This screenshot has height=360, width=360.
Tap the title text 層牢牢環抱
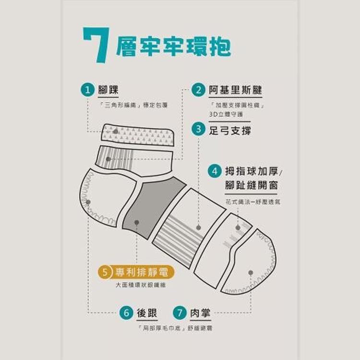tap(173, 47)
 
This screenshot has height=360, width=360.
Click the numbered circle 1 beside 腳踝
tap(87, 90)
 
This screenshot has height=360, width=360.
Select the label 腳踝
tap(108, 90)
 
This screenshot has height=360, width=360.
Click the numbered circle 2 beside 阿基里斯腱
tap(198, 90)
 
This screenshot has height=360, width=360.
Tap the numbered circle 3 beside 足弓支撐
tap(198, 129)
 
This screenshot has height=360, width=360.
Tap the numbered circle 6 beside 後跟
tap(126, 313)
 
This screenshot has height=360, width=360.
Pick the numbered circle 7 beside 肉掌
tap(180, 313)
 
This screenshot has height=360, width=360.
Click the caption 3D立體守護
tap(226, 114)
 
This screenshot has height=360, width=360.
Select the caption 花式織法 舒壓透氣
tap(252, 202)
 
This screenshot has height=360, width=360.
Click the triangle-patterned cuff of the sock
tap(137, 134)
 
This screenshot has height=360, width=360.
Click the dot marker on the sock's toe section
tap(251, 272)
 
